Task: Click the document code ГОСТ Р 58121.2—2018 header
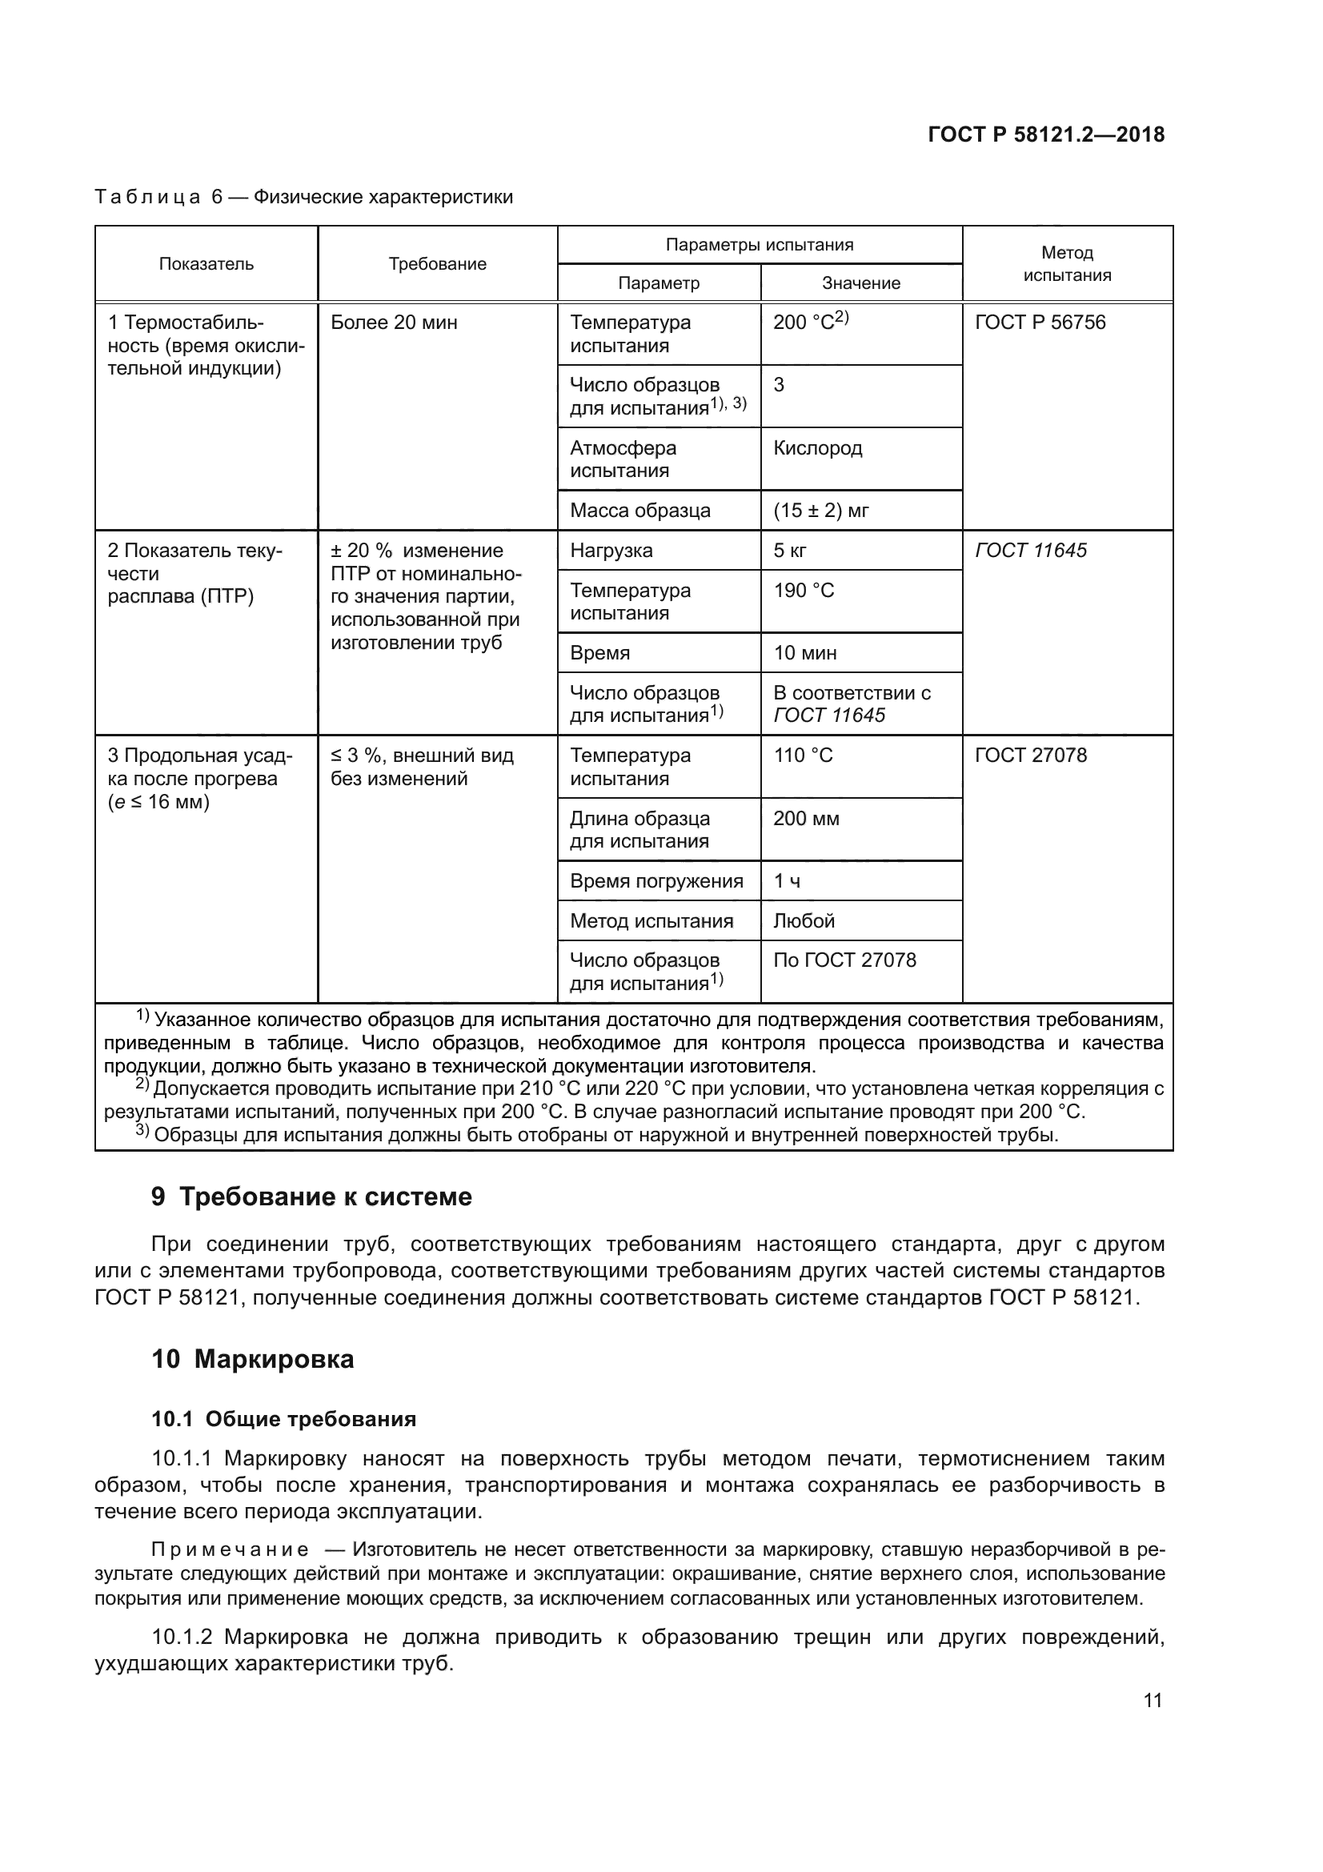pos(1046,134)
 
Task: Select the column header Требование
pos(437,264)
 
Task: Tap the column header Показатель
pos(206,264)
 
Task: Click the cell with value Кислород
pos(818,447)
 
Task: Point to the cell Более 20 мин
pos(394,323)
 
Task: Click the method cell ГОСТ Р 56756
pos(1040,323)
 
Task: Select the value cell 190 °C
pos(804,591)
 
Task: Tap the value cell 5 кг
pos(790,551)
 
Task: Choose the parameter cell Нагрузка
pos(611,551)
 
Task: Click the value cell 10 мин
pos(805,653)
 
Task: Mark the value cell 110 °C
pos(803,755)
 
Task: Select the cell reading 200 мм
pos(806,818)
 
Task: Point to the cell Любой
pos(804,920)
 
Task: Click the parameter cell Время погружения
pos(656,880)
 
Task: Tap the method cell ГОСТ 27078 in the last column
pos(1031,755)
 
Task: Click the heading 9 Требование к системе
pos(311,1197)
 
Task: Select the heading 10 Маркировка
pos(253,1359)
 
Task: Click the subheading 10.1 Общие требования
pos(283,1420)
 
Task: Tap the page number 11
pos(1152,1701)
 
